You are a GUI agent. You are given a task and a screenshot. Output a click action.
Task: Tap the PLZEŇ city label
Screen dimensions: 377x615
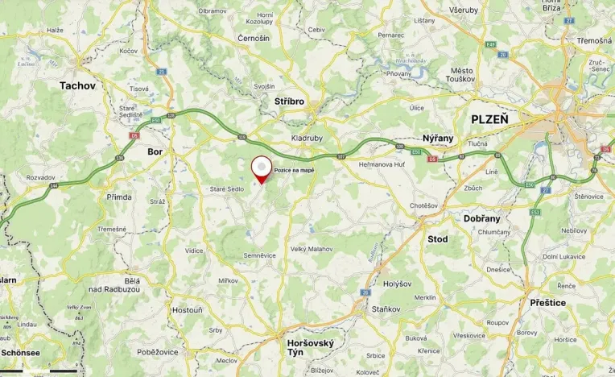pos(489,118)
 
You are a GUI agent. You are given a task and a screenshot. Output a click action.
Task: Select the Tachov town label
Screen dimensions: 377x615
pos(78,85)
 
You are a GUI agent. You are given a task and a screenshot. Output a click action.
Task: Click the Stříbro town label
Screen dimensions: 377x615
pos(289,102)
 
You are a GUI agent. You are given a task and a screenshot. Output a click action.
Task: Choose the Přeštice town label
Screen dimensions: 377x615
pos(547,302)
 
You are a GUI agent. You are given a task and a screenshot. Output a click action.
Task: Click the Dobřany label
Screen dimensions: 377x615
pos(482,218)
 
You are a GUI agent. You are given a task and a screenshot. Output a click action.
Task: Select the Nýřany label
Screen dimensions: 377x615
pos(438,138)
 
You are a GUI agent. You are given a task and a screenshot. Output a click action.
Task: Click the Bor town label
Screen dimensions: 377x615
pos(155,151)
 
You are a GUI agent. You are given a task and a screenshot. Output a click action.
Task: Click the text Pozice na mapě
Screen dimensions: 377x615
pos(294,171)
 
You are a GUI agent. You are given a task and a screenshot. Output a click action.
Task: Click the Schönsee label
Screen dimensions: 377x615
pos(20,352)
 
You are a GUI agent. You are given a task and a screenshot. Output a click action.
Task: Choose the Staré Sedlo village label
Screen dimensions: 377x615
pos(227,188)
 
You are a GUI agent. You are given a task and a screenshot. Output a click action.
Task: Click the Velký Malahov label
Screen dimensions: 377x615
pos(311,249)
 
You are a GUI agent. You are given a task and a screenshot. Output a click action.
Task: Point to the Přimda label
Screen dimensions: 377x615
pos(119,197)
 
